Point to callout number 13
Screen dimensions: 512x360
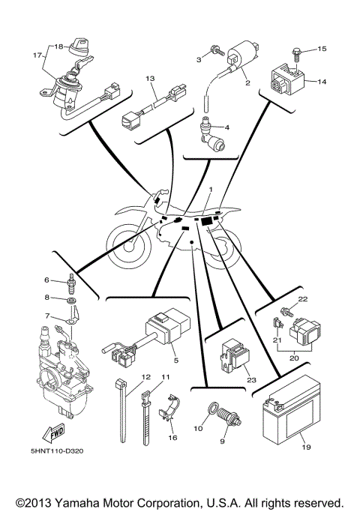click(149, 77)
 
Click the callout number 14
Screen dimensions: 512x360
click(321, 82)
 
